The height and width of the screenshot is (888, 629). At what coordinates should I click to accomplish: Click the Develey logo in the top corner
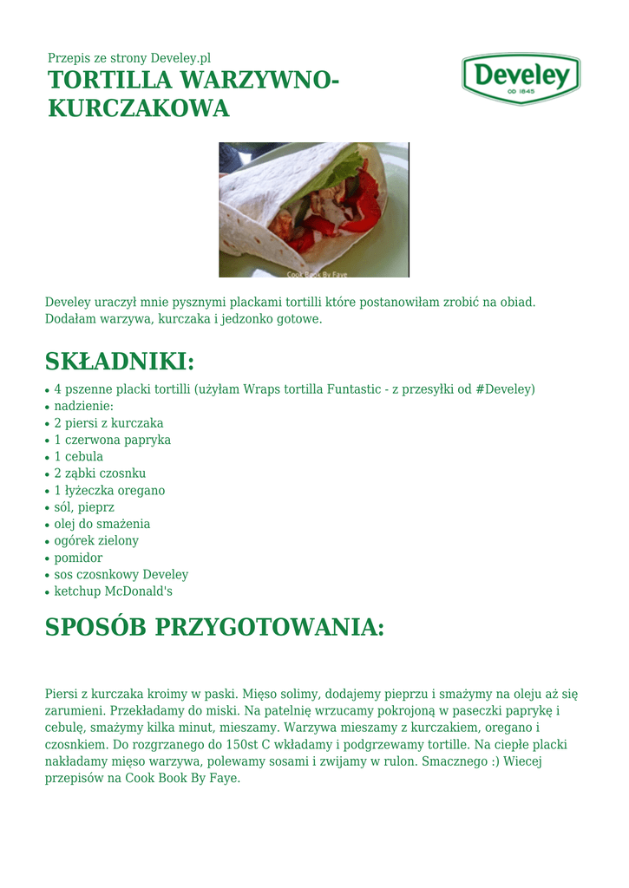coord(521,78)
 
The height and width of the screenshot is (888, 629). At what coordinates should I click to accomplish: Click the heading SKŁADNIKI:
coord(120,361)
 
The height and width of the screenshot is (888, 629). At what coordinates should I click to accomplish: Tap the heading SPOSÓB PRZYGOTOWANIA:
coord(214,627)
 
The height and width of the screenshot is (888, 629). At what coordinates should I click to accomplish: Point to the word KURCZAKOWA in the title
coord(138,108)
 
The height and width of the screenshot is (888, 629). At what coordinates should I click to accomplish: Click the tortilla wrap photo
coord(313,210)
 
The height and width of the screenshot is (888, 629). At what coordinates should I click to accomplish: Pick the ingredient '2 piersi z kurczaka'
coord(108,423)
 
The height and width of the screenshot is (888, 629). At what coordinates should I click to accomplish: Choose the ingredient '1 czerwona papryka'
coord(112,440)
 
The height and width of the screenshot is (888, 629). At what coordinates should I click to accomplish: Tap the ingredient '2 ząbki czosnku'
coord(100,473)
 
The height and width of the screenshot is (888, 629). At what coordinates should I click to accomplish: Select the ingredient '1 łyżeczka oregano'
coord(109,491)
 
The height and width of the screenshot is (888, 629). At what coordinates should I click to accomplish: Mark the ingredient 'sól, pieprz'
coord(84,507)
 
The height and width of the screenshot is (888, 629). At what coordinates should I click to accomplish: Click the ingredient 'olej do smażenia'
coord(102,524)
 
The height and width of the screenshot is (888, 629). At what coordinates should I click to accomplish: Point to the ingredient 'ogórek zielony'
coord(96,541)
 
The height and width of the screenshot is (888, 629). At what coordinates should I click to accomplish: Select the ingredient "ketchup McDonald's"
coord(114,591)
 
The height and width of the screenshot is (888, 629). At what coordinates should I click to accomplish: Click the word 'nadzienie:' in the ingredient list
coord(84,406)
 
